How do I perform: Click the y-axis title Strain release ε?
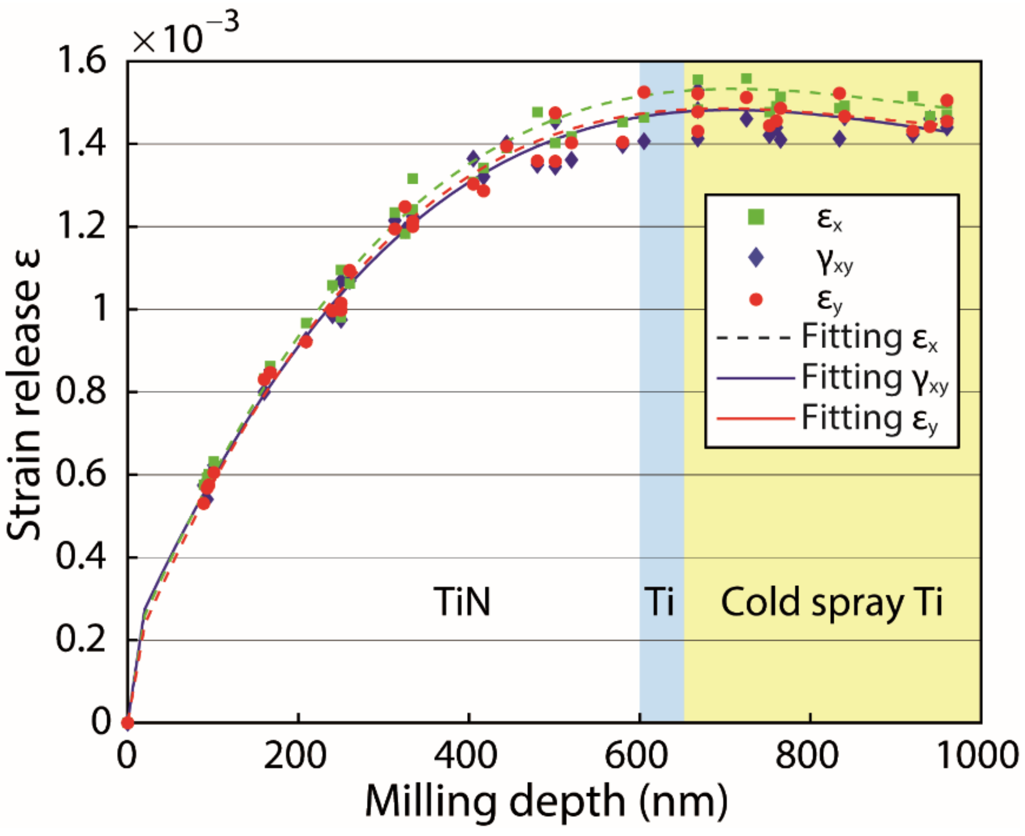24,395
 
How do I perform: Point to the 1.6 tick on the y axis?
81,62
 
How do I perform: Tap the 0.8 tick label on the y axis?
81,392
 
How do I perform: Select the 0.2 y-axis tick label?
81,640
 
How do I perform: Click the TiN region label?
462,602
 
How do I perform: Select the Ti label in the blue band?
659,602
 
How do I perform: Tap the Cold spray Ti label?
831,602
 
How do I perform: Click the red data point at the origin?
127,723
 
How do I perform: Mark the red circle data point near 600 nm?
644,92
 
